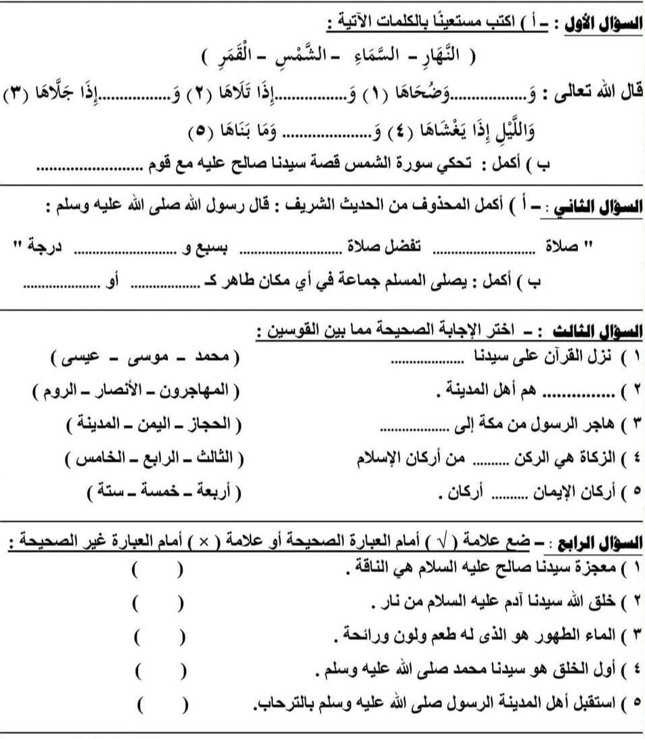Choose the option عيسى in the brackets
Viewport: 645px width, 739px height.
click(x=79, y=356)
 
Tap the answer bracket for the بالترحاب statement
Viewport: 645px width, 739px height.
click(x=162, y=707)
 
